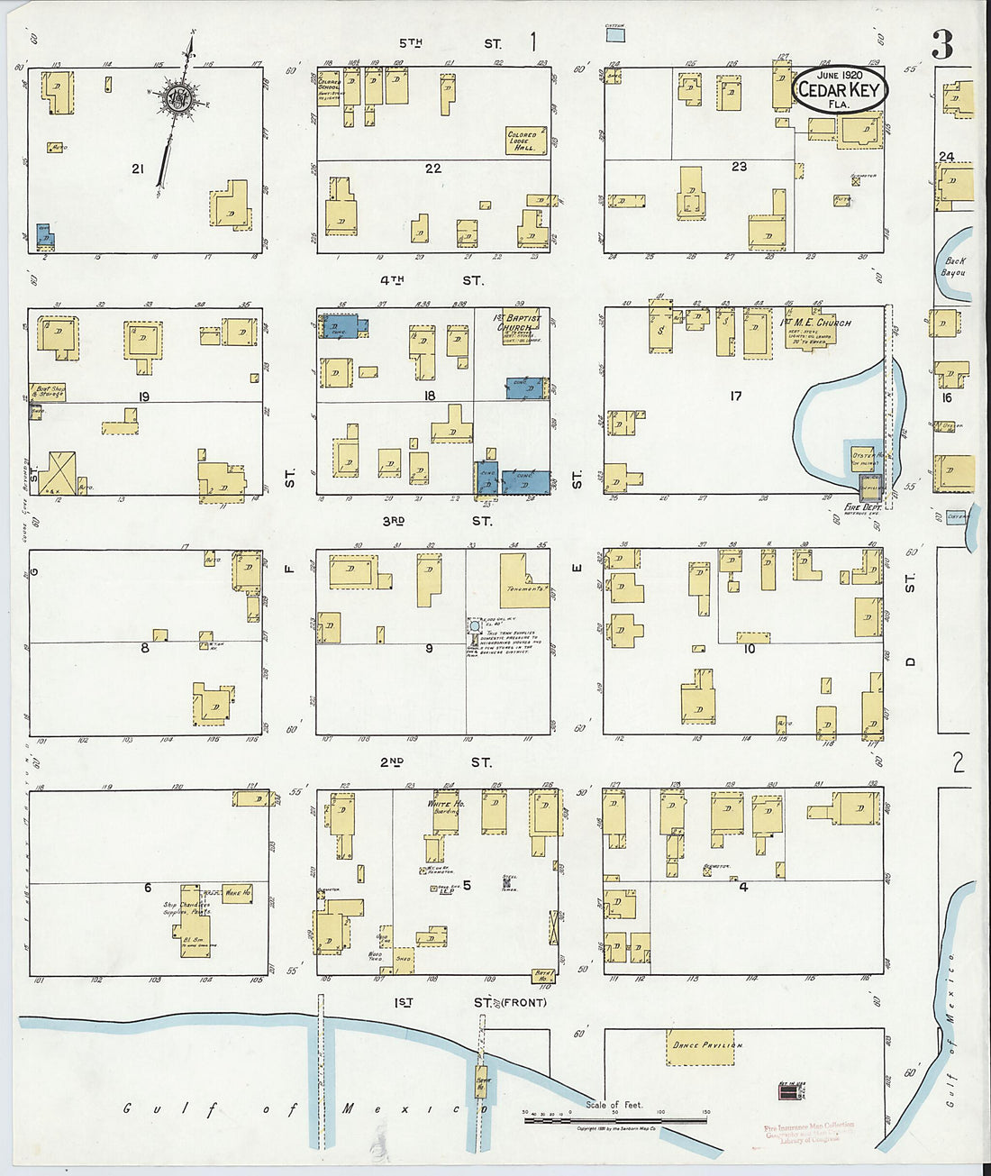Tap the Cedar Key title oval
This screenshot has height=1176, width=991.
(841, 90)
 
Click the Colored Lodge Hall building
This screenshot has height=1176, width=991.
(525, 141)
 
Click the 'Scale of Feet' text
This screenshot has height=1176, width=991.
(614, 1105)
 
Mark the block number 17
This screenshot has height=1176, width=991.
(736, 396)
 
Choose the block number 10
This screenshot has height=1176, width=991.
(749, 648)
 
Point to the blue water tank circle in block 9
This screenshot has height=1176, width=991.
(474, 624)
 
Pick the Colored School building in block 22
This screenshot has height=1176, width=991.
(328, 89)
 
